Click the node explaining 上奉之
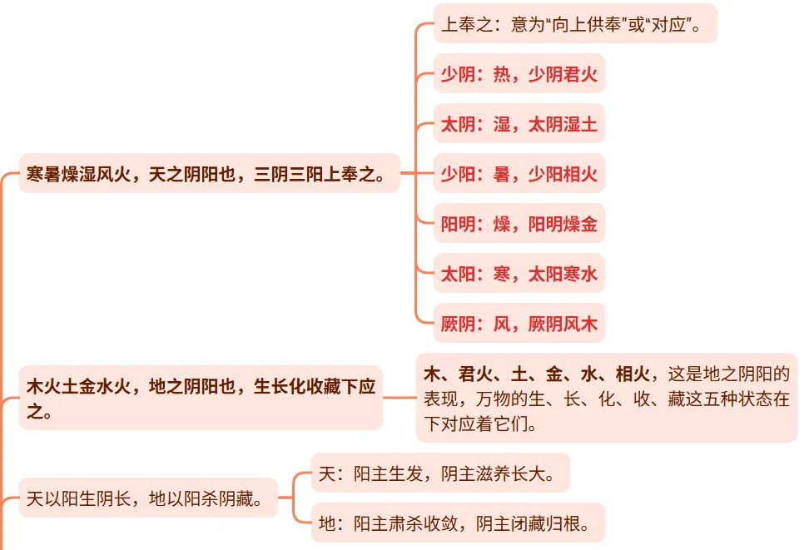pos(574,24)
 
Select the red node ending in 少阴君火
pos(519,74)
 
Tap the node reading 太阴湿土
pos(519,124)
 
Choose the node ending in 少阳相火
pos(519,174)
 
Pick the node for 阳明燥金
pos(519,224)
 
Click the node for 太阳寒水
pos(519,274)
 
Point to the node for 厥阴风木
pos(519,324)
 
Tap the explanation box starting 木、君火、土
pos(606,398)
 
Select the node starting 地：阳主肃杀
pos(456,523)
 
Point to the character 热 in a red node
pos(502,74)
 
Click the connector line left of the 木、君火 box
pos(400,398)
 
